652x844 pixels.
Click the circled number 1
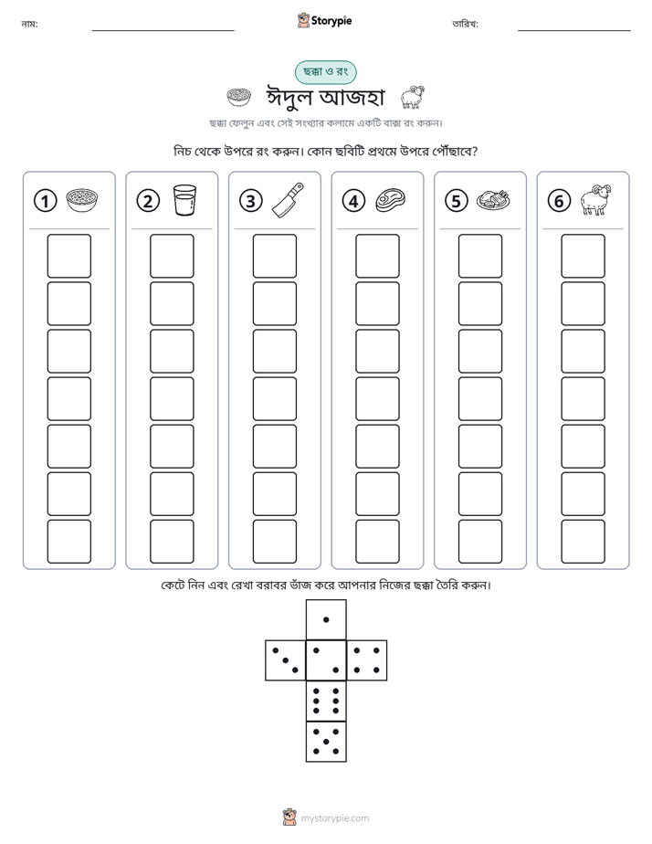[45, 201]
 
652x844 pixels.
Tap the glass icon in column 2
[184, 200]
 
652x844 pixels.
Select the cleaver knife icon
[288, 200]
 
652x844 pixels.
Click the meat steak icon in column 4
[391, 200]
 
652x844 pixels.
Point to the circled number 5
[457, 201]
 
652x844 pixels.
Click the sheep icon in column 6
[596, 200]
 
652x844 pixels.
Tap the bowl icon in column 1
[82, 200]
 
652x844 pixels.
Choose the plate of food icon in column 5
[493, 200]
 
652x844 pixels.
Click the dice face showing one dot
[326, 619]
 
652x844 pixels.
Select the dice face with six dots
[326, 701]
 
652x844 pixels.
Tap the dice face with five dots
[326, 742]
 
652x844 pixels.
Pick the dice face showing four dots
[367, 659]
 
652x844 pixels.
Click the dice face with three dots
[286, 659]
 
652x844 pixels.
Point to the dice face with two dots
[326, 659]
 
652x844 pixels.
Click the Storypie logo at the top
[324, 20]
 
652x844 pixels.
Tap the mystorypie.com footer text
[334, 818]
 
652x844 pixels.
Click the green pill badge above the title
[325, 72]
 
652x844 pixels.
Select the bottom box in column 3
[274, 542]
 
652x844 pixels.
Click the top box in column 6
[583, 256]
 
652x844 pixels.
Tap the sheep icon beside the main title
[413, 97]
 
